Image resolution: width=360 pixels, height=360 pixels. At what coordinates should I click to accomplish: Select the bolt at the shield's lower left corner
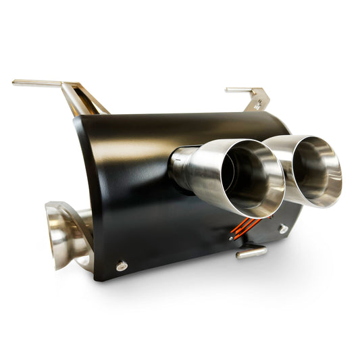coord(122,266)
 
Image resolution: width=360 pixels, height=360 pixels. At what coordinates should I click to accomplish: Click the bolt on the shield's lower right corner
coord(284,229)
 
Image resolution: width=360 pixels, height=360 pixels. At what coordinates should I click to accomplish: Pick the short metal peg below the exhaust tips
coord(251,253)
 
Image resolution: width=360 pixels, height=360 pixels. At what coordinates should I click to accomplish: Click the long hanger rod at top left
coord(41,82)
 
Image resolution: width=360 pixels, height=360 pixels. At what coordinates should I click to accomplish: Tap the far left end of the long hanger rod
coord(15,82)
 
